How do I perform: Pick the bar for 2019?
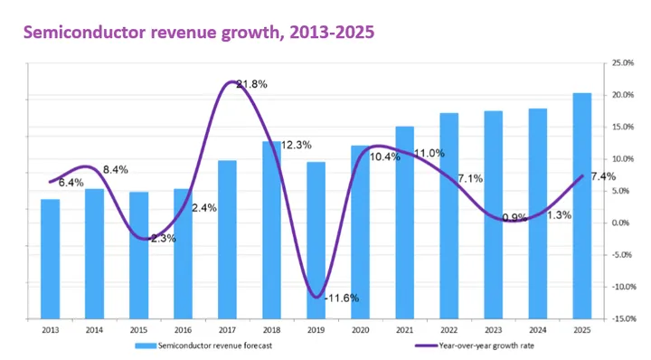(316, 240)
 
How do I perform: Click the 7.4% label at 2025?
(603, 176)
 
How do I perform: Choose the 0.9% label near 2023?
(514, 217)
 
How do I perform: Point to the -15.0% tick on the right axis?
(623, 318)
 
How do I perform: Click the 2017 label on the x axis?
(227, 331)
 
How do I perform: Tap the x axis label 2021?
(404, 331)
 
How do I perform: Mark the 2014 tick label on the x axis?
(94, 331)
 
